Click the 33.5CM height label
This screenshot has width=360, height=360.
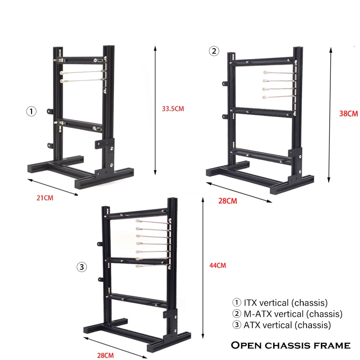[173, 108]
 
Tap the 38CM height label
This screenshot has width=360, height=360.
[349, 114]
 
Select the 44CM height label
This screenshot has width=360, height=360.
[218, 265]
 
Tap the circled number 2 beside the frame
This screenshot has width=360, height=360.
[214, 51]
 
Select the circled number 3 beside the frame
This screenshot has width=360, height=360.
[81, 267]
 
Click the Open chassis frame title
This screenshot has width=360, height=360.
[291, 345]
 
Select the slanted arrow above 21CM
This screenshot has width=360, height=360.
[53, 187]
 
